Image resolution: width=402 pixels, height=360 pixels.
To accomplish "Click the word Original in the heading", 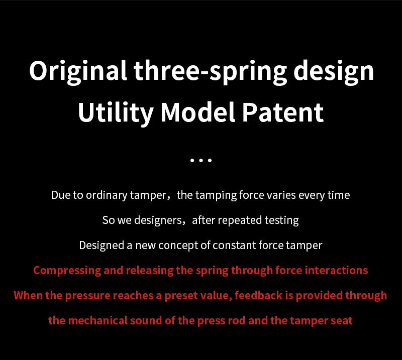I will tap(78, 71).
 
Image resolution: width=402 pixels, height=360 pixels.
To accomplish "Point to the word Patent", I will tap(283, 113).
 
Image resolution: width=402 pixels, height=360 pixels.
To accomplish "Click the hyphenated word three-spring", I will tap(210, 71).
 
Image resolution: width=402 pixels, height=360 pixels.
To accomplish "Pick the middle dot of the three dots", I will tap(201, 161).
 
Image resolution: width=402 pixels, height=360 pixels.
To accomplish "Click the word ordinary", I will tap(107, 195).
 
